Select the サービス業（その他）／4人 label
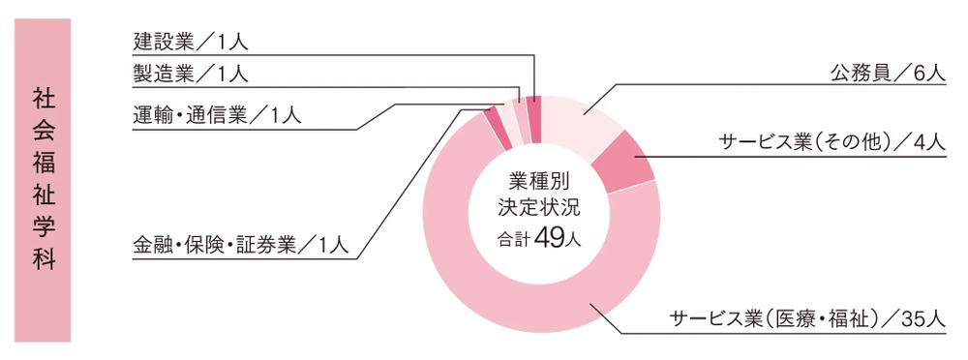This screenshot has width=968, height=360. pos(832,142)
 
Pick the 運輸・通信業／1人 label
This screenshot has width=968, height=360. pos(217,114)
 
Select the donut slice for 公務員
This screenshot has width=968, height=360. pos(581,121)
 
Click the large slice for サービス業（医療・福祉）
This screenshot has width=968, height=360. pos(503,290)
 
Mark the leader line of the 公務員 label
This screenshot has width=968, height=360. pos(678,85)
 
